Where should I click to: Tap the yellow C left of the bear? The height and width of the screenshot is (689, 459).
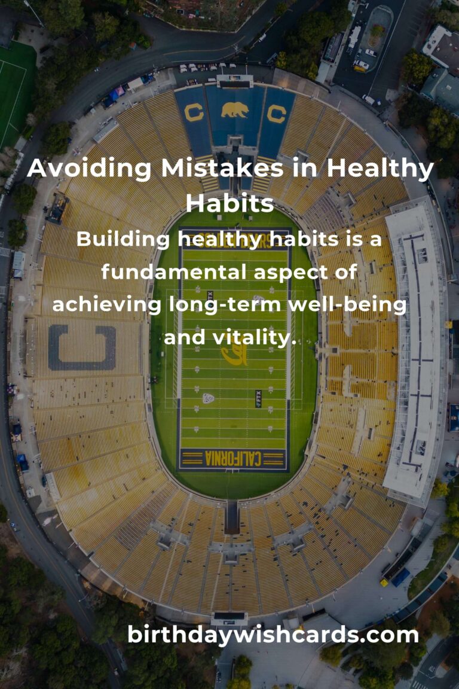[x=194, y=112]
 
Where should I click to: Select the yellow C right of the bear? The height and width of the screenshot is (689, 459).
[x=276, y=114]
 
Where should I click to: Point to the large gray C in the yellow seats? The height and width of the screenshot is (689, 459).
[x=82, y=347]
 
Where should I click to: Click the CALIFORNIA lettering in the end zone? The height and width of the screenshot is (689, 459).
[x=233, y=459]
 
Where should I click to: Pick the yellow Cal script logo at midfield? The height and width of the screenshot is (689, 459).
[x=234, y=354]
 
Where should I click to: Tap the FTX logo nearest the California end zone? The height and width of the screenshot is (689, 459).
[x=258, y=398]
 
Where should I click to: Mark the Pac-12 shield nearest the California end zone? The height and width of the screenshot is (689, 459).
[x=208, y=398]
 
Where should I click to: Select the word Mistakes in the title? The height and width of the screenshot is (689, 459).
[x=197, y=169]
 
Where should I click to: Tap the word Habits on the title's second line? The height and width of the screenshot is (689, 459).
[x=229, y=203]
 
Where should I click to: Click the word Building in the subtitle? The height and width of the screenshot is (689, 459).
[x=123, y=239]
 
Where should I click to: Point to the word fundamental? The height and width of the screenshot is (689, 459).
[x=173, y=272]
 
